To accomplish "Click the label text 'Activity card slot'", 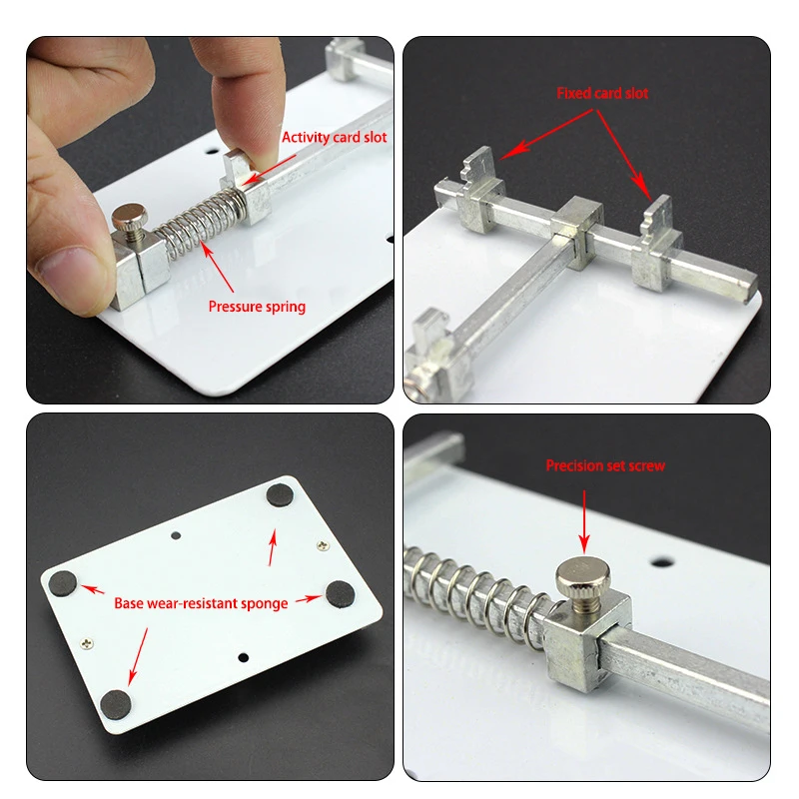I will [334, 137].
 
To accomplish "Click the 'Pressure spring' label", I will [257, 307].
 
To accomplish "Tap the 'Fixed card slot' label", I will [602, 93].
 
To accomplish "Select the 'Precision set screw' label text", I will [604, 465].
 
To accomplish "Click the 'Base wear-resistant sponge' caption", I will [201, 603].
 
